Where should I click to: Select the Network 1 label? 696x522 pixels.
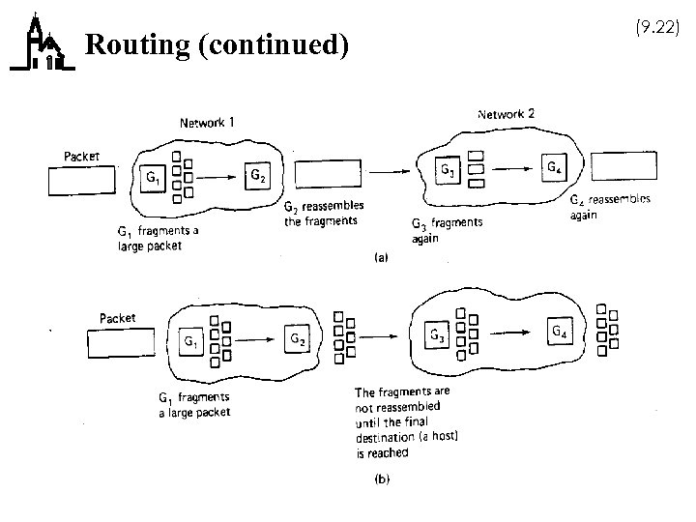(206, 122)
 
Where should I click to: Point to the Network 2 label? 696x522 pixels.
(507, 114)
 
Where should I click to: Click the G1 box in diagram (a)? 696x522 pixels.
(155, 180)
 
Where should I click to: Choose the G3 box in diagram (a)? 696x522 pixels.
(448, 170)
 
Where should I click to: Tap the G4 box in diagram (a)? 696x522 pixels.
(553, 167)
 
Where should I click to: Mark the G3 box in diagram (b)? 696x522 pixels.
(439, 335)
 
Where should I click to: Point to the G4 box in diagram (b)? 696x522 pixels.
(560, 332)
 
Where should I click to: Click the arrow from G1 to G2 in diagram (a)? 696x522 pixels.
(214, 178)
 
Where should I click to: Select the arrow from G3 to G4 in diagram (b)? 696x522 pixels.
(506, 333)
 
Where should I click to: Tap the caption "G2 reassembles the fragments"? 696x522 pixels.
(320, 214)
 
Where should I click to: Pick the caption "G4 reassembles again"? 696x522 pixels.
(608, 207)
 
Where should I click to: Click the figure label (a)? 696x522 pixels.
(382, 258)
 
